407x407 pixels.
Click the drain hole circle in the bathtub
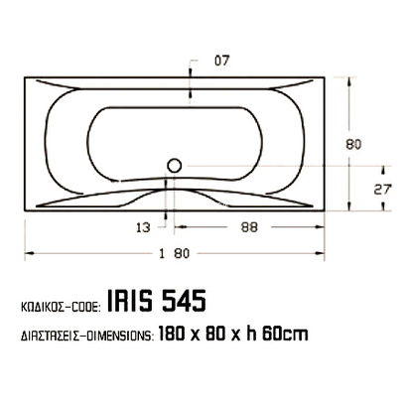click(175, 166)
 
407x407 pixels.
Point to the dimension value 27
click(380, 187)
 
